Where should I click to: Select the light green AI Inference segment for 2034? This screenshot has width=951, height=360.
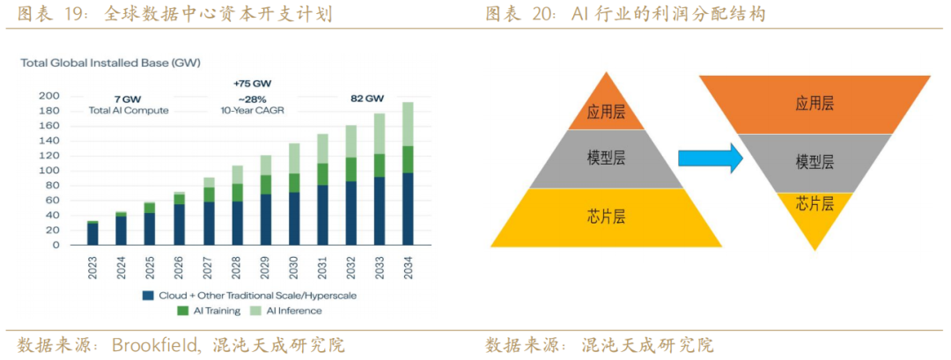(408, 123)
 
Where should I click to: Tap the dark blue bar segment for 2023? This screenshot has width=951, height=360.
(92, 234)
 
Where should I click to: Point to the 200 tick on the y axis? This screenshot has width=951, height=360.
(48, 96)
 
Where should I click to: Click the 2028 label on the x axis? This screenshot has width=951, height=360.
(237, 266)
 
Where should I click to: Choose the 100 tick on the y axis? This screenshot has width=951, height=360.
(48, 171)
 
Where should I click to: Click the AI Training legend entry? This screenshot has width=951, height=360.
(211, 311)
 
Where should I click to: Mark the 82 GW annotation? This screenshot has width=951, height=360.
(367, 98)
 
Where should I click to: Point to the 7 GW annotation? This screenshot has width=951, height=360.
(129, 98)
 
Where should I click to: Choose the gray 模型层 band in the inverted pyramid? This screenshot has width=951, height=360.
(815, 163)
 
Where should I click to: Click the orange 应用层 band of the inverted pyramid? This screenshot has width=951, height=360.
(815, 104)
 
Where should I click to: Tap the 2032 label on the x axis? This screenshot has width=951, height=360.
(350, 266)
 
